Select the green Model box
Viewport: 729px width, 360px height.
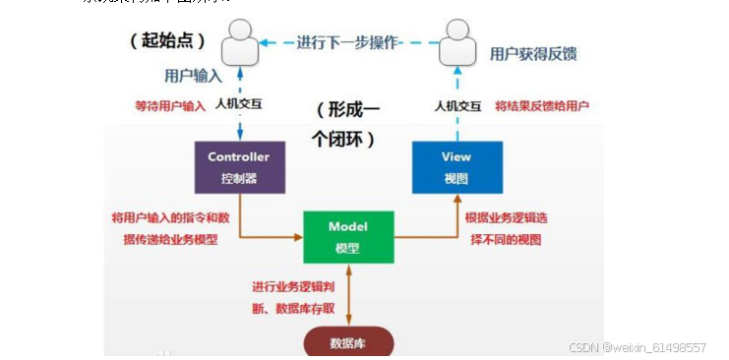[348, 236]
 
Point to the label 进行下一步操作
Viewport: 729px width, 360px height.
[348, 42]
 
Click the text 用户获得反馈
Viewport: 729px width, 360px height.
[533, 54]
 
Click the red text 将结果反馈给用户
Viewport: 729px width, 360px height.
[542, 104]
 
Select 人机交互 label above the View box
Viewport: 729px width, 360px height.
[458, 104]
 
